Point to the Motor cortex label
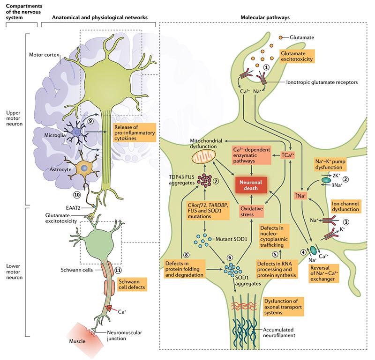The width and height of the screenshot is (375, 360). coord(42,55)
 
